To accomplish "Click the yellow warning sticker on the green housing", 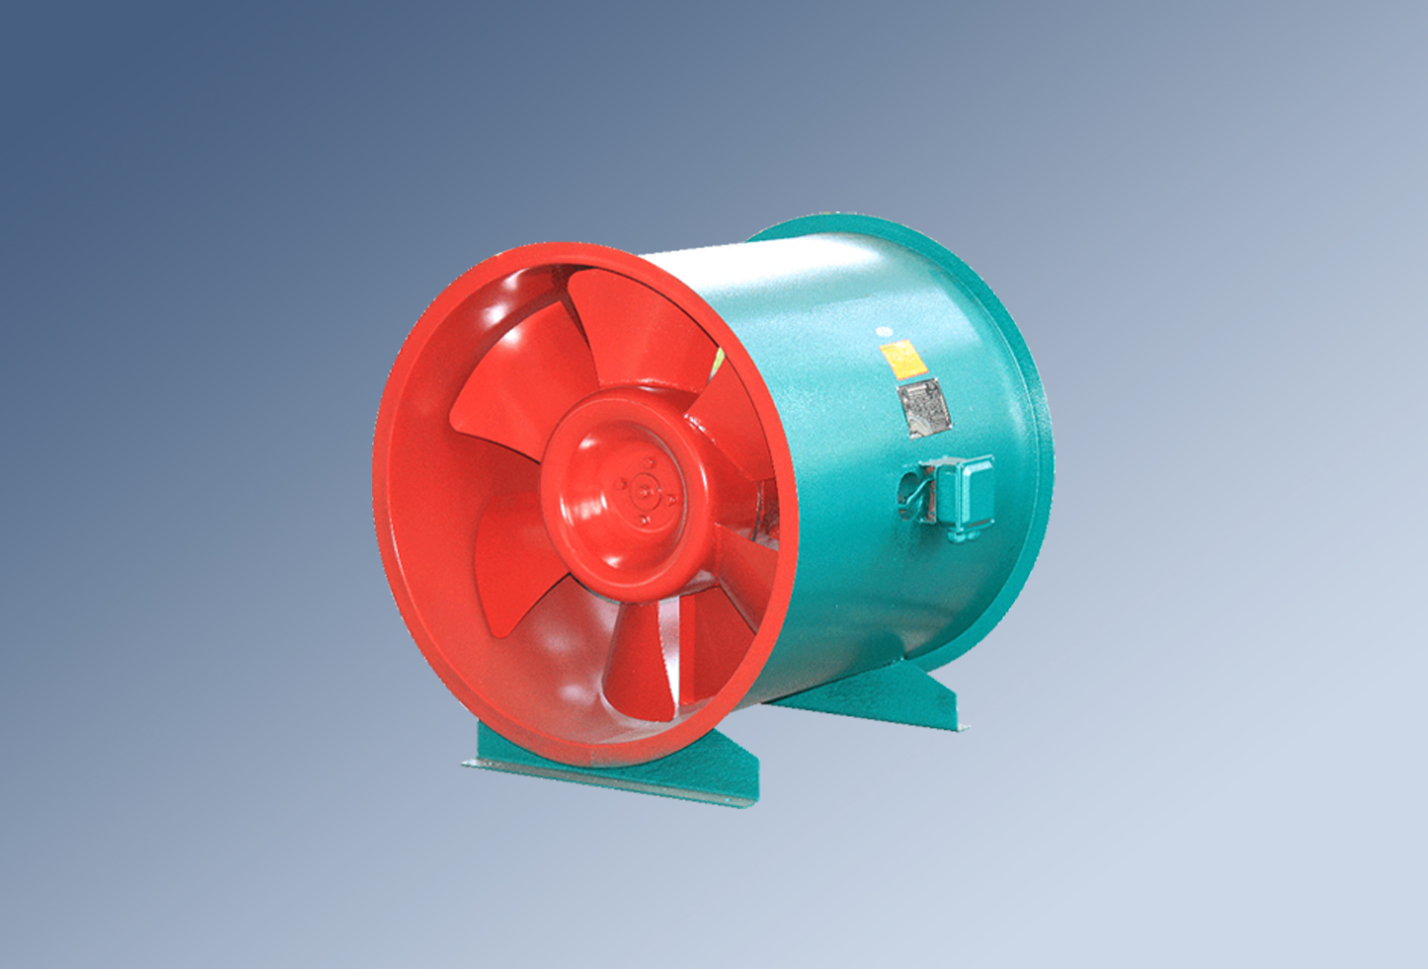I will coord(899,359).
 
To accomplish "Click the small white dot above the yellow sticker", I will coord(883,331).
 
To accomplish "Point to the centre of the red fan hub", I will coord(645,492).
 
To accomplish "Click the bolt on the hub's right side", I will coord(671,498).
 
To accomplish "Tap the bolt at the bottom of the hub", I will coord(645,520).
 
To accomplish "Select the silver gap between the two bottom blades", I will coord(678,657).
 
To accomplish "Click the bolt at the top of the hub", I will coord(651,464).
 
